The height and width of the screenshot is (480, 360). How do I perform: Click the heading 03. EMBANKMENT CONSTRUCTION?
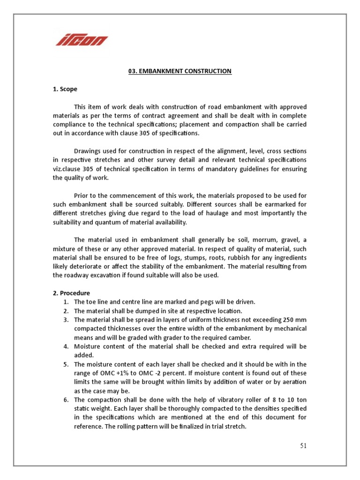pos(180,71)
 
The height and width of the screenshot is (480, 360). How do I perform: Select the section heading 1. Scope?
pos(65,89)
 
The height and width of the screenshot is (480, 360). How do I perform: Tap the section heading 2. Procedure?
pos(71,293)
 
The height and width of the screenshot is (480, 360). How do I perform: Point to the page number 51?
pos(303,445)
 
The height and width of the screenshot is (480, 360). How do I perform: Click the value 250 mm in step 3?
pos(294,320)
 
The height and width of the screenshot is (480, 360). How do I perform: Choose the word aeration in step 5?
pos(293,382)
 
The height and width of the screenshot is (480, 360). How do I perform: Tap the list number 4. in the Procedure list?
pos(66,347)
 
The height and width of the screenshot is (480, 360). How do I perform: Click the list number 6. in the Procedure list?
pos(66,400)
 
